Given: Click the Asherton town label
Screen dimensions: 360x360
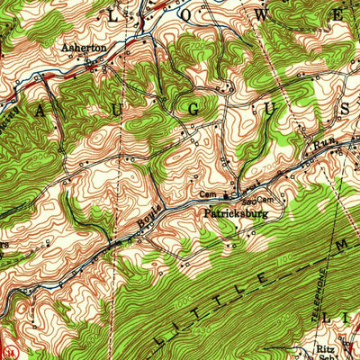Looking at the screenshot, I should (85, 48).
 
